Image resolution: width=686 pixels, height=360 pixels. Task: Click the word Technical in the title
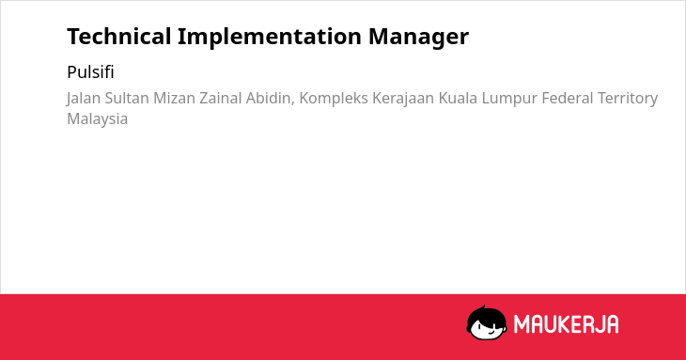(x=119, y=37)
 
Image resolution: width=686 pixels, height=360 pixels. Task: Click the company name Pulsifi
(x=90, y=72)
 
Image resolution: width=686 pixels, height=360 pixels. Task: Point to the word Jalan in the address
(x=84, y=99)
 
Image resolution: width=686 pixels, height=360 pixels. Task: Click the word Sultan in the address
(x=127, y=98)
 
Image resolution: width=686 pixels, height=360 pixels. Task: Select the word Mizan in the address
(x=174, y=98)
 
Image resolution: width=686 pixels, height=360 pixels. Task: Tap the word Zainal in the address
(x=221, y=98)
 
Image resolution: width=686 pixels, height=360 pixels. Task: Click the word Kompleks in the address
(x=334, y=99)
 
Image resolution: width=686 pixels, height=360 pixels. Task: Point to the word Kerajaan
(x=403, y=99)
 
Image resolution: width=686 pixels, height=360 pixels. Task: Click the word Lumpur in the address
(x=509, y=99)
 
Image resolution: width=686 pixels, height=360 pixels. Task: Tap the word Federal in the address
(x=568, y=98)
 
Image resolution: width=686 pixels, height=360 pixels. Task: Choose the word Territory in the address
(x=628, y=99)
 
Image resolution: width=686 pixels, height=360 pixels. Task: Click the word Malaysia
(x=98, y=119)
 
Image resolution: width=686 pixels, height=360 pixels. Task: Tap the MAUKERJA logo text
(x=566, y=324)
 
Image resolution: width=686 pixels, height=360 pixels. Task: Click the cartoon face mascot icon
(x=487, y=322)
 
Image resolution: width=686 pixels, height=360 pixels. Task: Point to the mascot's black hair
(x=486, y=314)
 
